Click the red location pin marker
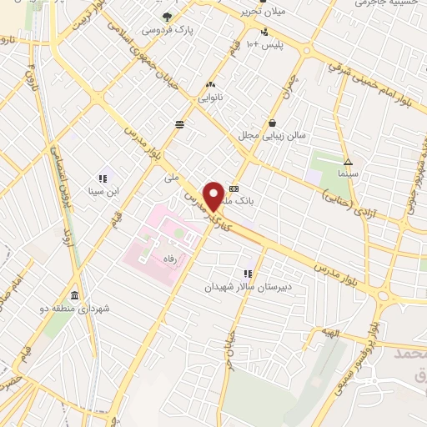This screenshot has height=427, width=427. coord(214,197)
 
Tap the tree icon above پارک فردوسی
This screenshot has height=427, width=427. coord(168,17)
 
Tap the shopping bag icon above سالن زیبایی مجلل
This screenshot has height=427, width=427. coord(271,123)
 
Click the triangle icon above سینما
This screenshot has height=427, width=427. coord(348,162)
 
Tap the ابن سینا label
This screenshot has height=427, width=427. coord(105,190)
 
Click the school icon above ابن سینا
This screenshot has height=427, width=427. coord(104,178)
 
